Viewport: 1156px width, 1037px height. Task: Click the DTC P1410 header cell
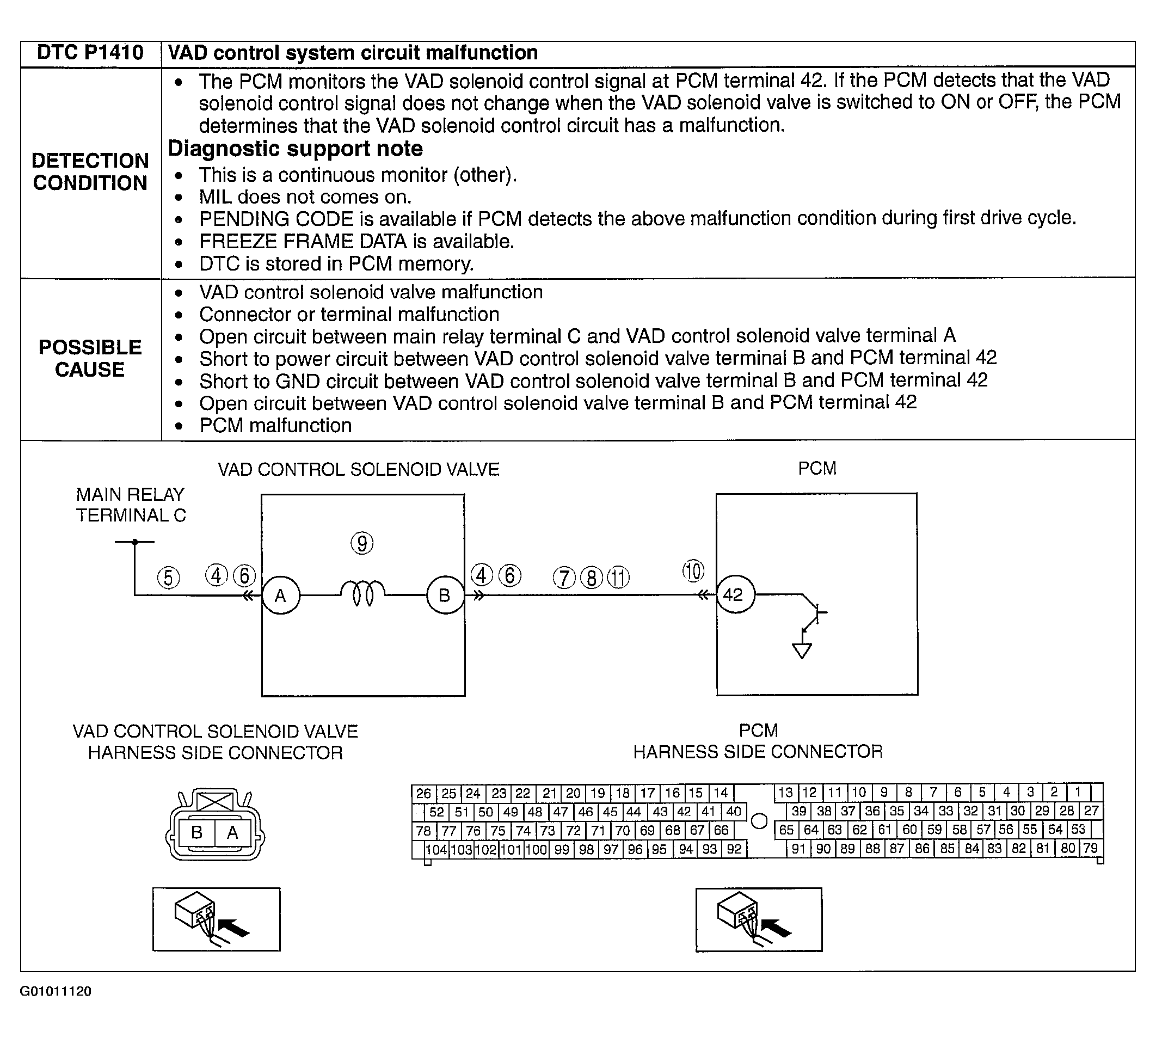tap(90, 53)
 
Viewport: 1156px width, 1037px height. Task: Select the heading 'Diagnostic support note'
tap(295, 149)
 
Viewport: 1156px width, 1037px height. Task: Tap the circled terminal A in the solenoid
tap(280, 596)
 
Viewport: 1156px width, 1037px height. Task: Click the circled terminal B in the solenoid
tap(445, 596)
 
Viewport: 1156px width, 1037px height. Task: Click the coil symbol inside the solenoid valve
tap(362, 594)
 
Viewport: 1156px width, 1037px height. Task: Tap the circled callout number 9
tap(362, 543)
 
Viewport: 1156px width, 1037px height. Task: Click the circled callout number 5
tap(168, 578)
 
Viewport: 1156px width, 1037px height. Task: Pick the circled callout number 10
tap(693, 571)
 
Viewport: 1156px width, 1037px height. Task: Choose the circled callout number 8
tap(591, 578)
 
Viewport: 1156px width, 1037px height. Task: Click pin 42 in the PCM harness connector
tap(684, 812)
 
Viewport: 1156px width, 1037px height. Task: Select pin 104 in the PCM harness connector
tap(436, 850)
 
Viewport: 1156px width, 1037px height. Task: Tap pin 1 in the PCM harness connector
tap(1078, 793)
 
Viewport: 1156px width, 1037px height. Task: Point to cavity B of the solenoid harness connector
tap(197, 833)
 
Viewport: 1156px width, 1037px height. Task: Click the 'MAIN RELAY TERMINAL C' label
tap(131, 505)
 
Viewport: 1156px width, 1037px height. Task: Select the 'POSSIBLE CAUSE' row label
tap(90, 358)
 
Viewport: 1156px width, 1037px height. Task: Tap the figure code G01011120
tap(56, 991)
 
